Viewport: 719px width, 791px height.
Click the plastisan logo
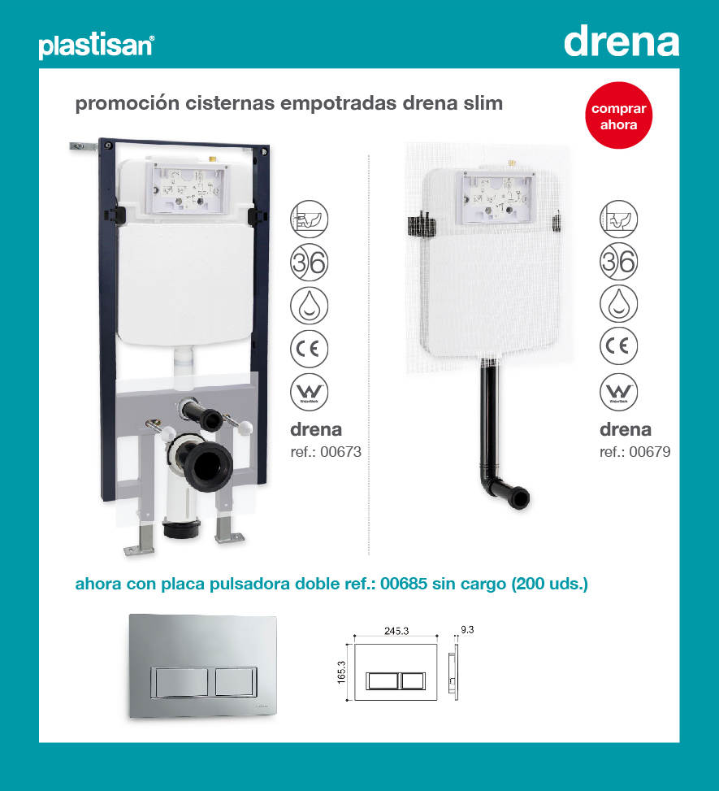96,46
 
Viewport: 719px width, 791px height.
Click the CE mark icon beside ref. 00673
310,348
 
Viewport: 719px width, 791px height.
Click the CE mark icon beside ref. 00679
619,348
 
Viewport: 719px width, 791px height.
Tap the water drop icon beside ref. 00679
619,304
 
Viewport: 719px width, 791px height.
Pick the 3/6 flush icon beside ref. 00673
310,261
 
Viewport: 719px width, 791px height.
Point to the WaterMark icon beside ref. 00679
619,393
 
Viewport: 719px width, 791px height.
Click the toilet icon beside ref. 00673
310,218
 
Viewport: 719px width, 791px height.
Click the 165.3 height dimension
342,672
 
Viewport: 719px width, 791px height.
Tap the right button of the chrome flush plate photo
236,680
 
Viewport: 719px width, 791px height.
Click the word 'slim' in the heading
484,104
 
